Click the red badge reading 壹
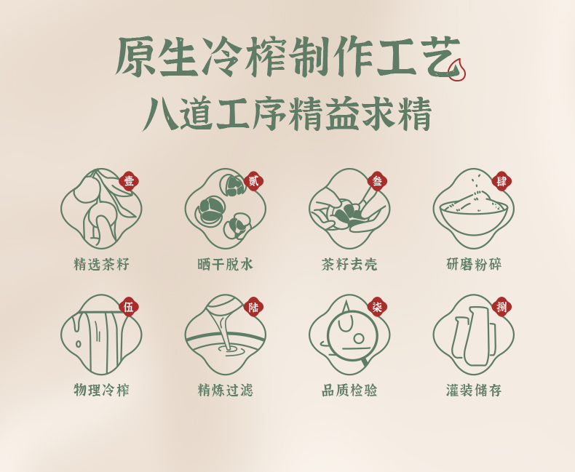coord(129,181)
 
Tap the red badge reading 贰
coord(253,181)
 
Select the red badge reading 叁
coord(377,181)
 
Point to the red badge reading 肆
coord(501,181)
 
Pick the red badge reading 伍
coord(129,307)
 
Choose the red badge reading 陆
coord(253,307)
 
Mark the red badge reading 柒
coord(377,307)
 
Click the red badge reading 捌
coord(501,307)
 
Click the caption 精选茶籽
coord(102,264)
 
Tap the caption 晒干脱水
coord(226,264)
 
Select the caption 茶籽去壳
coord(349,264)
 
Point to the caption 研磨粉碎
coord(474,264)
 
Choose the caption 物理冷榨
coord(102,390)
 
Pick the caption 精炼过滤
coord(226,390)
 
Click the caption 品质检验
coord(349,390)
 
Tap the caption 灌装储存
coord(474,390)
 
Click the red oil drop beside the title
coord(457,70)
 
